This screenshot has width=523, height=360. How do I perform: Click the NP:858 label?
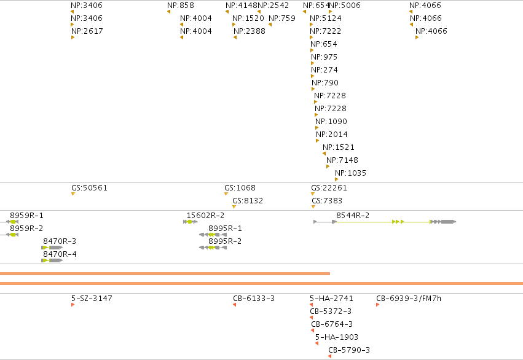pyautogui.click(x=181, y=6)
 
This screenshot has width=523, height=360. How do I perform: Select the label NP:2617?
pyautogui.click(x=87, y=31)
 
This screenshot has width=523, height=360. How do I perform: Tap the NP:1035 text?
pyautogui.click(x=350, y=173)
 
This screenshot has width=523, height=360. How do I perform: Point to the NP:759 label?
pyautogui.click(x=282, y=18)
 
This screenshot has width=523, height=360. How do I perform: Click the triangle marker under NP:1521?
pyautogui.click(x=324, y=154)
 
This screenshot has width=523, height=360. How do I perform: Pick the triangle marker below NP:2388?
pyautogui.click(x=235, y=37)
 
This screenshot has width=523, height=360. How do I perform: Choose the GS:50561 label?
pyautogui.click(x=89, y=188)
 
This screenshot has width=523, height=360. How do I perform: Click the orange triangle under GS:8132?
pyautogui.click(x=234, y=207)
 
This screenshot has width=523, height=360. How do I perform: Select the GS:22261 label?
pyautogui.click(x=329, y=188)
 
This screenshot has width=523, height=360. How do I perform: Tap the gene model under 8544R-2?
pyautogui.click(x=385, y=222)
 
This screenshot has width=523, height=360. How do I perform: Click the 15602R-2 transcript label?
pyautogui.click(x=205, y=216)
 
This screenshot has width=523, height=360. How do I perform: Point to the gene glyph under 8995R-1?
pyautogui.click(x=213, y=235)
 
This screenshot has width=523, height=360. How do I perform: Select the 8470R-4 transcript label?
pyautogui.click(x=60, y=254)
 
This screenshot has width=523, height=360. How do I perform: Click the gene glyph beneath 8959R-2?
pyautogui.click(x=9, y=235)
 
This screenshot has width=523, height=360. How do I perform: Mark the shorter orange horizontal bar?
pyautogui.click(x=165, y=273)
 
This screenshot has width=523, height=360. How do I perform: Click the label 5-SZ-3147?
pyautogui.click(x=92, y=299)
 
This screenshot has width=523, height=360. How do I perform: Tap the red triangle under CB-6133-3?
pyautogui.click(x=235, y=305)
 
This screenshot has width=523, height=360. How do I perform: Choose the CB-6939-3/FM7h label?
pyautogui.click(x=409, y=299)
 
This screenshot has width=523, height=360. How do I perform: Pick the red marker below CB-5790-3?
pyautogui.click(x=329, y=356)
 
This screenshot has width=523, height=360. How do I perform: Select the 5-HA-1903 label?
pyautogui.click(x=337, y=337)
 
